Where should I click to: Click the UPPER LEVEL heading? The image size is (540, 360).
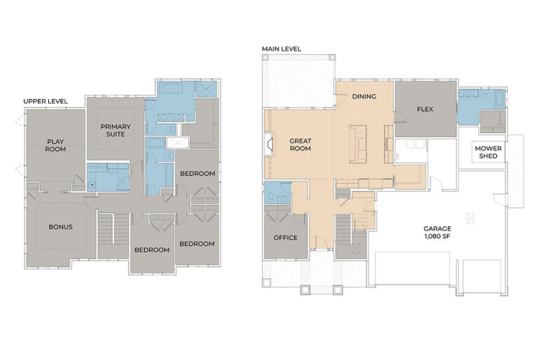click(46, 101)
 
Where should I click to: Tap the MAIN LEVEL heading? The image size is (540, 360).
click(281, 49)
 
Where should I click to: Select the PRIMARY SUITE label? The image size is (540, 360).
click(115, 130)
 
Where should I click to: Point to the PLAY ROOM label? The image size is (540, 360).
click(56, 146)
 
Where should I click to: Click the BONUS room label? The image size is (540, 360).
click(60, 227)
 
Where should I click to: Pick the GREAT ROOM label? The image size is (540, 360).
click(300, 145)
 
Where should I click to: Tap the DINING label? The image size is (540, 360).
click(364, 96)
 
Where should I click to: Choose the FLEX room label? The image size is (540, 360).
click(425, 109)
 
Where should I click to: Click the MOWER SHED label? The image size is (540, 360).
click(488, 153)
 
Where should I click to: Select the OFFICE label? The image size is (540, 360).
click(285, 238)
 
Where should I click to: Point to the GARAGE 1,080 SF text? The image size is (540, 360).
click(437, 232)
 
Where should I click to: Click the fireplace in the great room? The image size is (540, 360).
click(269, 144)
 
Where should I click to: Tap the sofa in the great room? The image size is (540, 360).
click(358, 144)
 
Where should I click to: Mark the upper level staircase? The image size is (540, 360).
click(113, 236)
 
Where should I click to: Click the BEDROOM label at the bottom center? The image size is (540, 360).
click(152, 250)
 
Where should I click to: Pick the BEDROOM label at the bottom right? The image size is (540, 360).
click(197, 244)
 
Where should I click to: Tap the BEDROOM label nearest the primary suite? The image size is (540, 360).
click(198, 174)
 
